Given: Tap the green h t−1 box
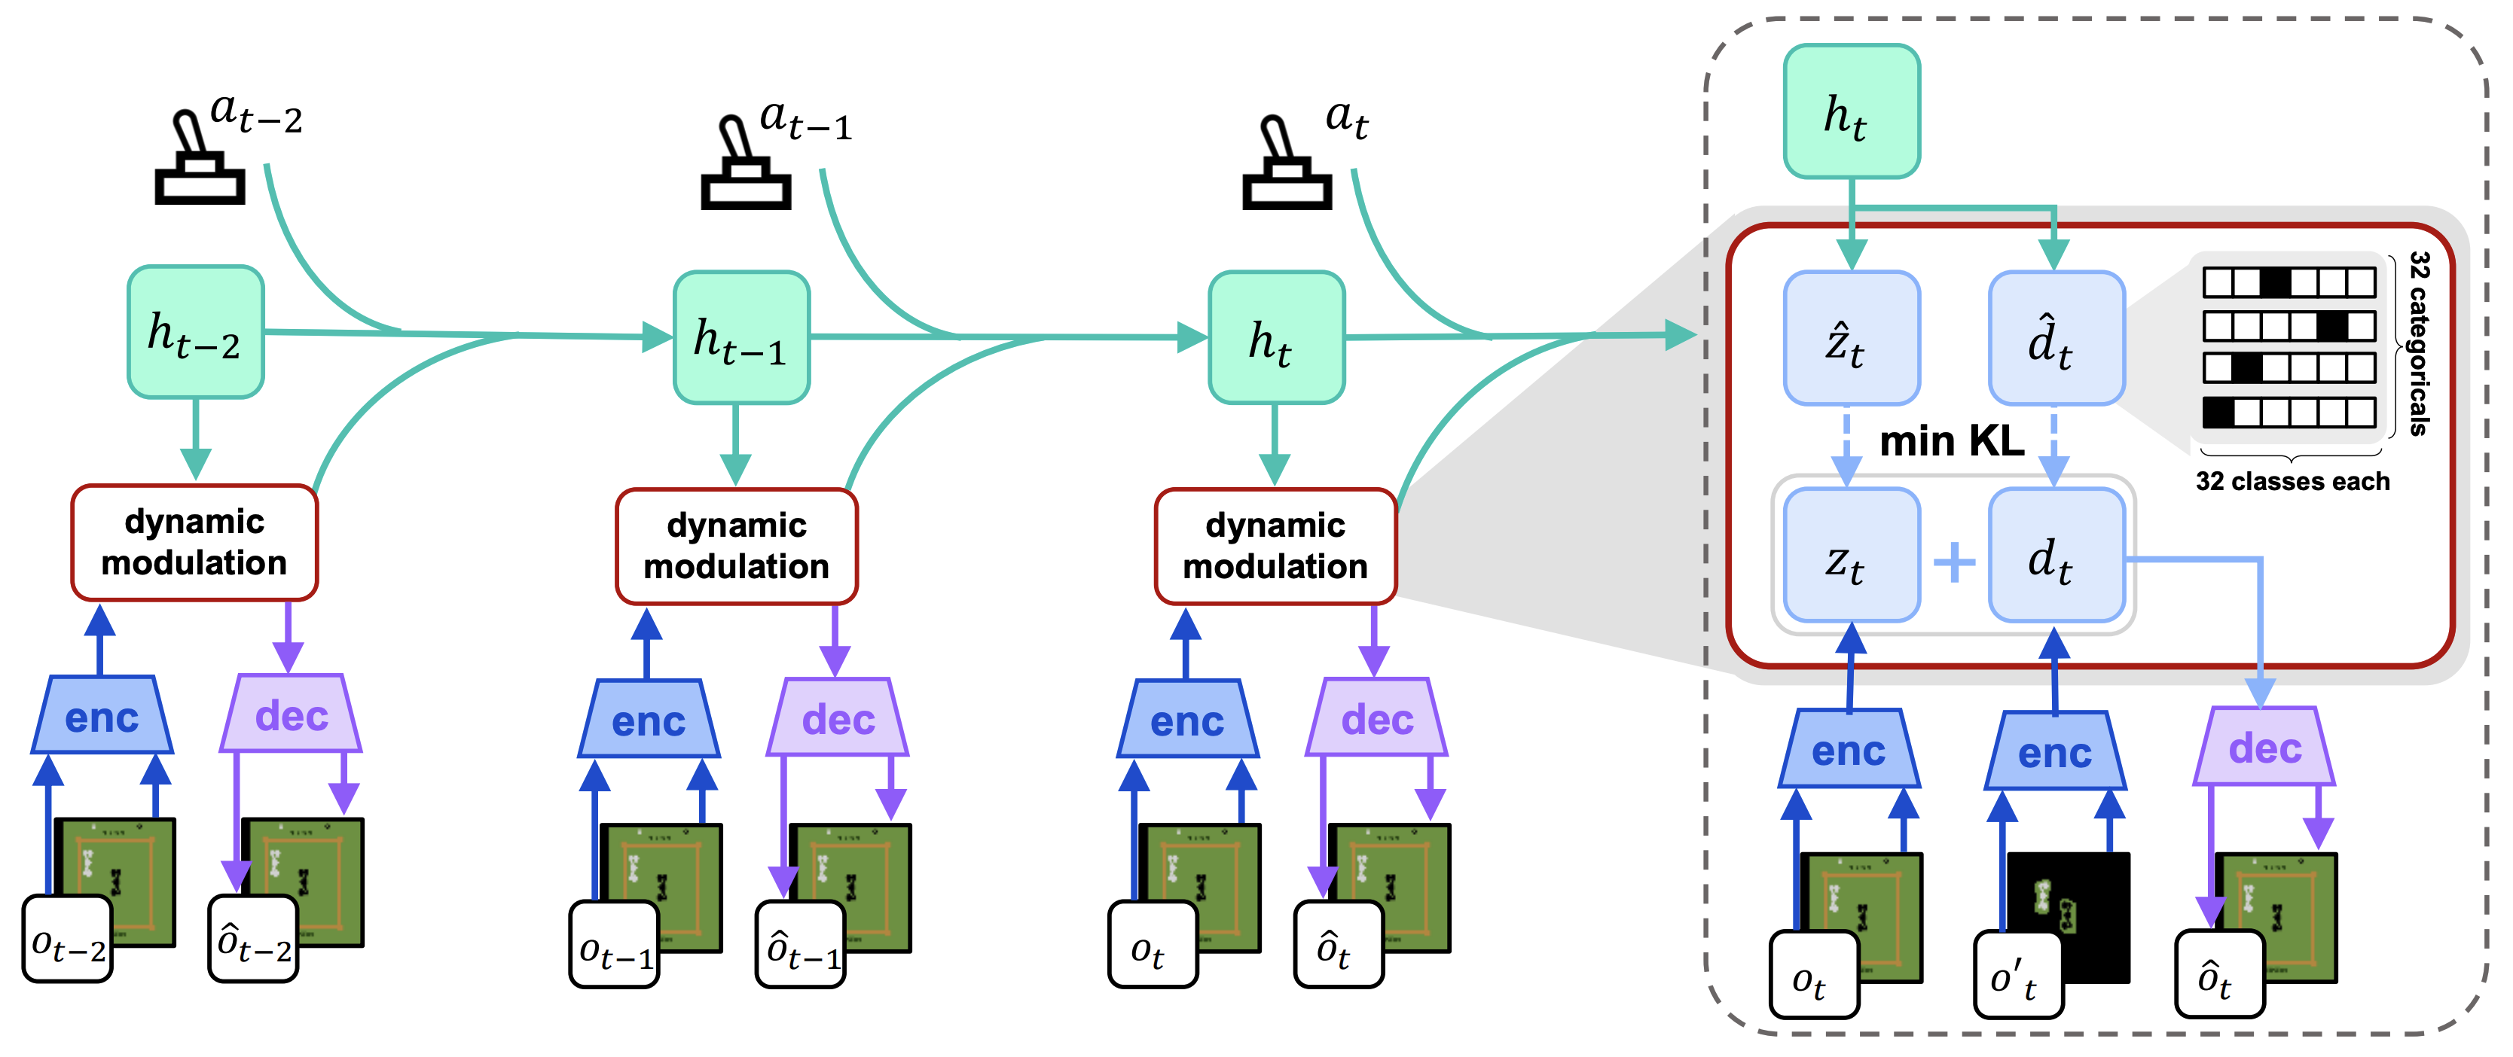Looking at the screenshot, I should pos(741,337).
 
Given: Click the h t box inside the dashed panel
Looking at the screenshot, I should pos(1852,112).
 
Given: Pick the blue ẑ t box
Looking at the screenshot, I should pos(1851,338).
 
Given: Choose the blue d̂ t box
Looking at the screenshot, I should pos(2057,338).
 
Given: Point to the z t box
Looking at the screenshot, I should pos(1851,556).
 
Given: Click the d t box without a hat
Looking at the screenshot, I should pos(2057,556).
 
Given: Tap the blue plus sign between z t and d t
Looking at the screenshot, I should pos(1954,562).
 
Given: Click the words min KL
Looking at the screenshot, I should pos(1952,440).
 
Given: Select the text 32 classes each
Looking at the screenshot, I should pos(2292,482).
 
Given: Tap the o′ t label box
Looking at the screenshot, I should pos(2017,975).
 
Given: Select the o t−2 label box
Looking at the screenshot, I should pos(67,939).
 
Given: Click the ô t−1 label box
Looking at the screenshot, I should pos(800,945).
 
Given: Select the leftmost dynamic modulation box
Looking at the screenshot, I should pos(194,543).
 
